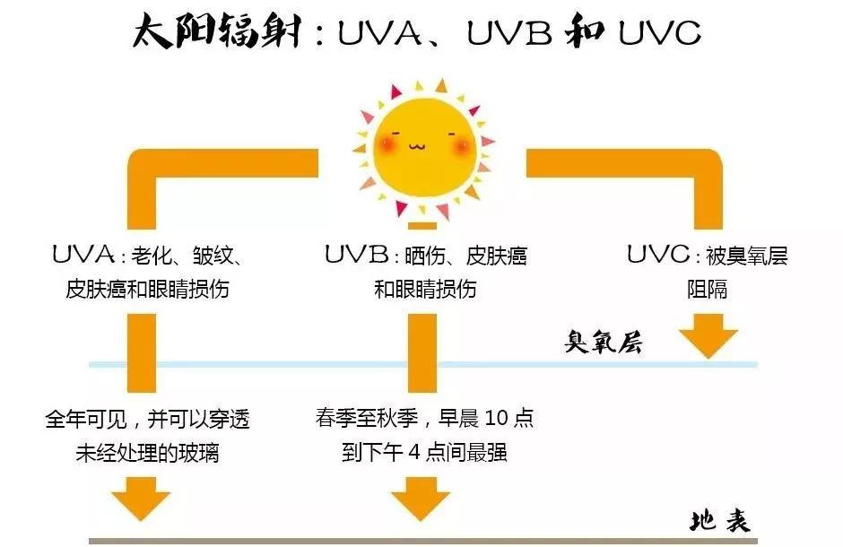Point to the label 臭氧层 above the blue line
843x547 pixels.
pos(603,342)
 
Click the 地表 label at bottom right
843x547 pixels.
pos(719,520)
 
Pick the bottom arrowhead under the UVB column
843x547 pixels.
pos(419,499)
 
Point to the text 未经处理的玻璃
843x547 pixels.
pos(148,453)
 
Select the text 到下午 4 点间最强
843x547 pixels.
pos(424,453)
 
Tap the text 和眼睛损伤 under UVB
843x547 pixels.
pos(424,290)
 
